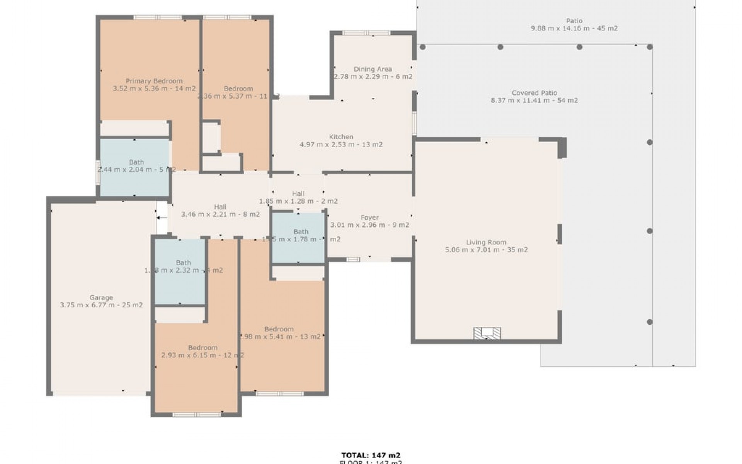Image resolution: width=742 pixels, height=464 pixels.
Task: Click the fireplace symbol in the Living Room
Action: click(487, 333)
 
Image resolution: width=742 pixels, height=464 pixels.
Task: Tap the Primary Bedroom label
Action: click(154, 81)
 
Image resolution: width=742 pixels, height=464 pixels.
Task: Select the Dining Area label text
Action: click(373, 69)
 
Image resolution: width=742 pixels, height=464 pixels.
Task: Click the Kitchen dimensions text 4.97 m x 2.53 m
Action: click(341, 145)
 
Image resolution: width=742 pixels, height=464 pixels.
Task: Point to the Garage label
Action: click(101, 298)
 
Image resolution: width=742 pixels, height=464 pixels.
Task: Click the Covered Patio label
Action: click(534, 93)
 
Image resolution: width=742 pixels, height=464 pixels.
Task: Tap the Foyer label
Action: click(369, 218)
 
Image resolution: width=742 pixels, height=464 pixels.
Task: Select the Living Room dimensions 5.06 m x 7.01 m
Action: click(486, 250)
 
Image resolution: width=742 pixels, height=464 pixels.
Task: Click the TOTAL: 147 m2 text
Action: click(371, 455)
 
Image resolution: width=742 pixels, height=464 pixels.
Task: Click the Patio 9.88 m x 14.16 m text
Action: click(574, 28)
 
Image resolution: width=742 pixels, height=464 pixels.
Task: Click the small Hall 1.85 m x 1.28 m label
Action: click(298, 198)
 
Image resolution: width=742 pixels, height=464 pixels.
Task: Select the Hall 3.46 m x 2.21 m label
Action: click(220, 211)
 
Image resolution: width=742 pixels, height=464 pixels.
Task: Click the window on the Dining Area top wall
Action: click(366, 33)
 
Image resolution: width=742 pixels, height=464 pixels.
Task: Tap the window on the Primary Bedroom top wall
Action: click(158, 17)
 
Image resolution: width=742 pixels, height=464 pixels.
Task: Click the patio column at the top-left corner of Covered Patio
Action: click(423, 47)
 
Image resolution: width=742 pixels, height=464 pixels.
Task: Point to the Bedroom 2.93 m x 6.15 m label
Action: click(203, 351)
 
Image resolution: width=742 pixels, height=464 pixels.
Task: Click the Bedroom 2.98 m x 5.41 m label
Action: click(279, 333)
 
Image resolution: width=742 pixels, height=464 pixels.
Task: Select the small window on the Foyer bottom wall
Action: click(353, 259)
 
